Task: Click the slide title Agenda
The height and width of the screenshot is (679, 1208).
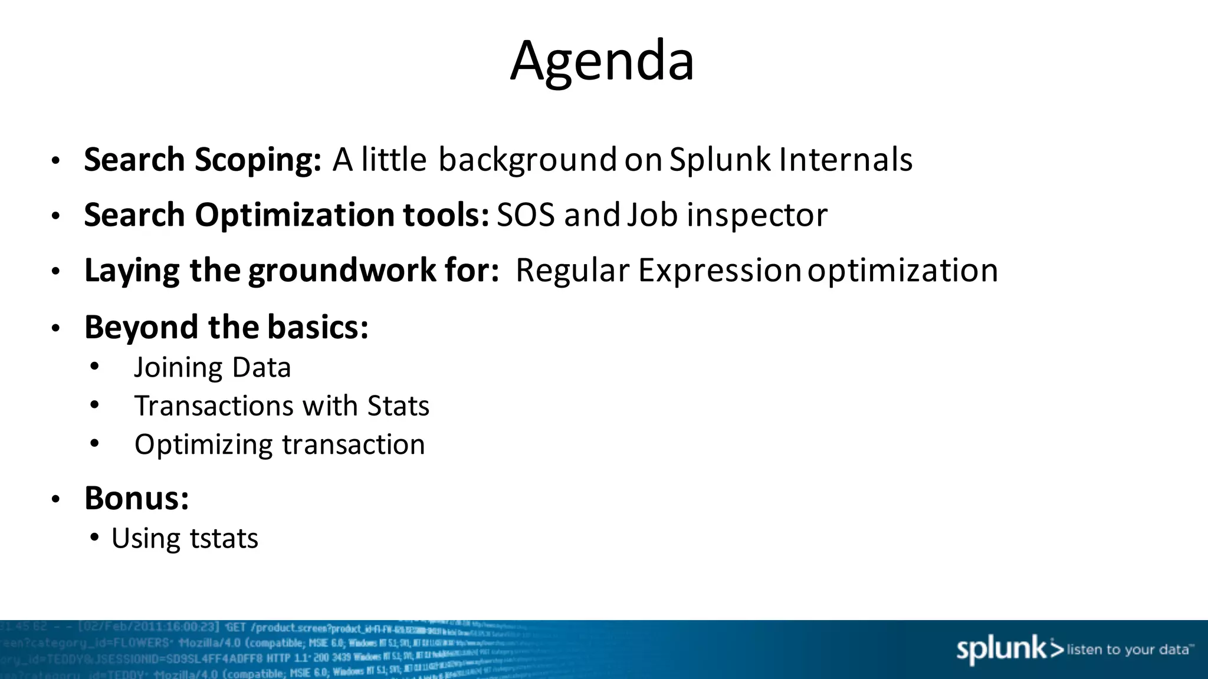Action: (x=602, y=61)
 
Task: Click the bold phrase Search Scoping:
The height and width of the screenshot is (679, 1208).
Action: (x=202, y=160)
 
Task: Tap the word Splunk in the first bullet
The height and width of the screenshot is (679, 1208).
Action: (x=720, y=160)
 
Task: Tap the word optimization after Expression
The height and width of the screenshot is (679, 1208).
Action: (x=902, y=271)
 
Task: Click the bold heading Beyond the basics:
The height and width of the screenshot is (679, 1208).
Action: (x=226, y=328)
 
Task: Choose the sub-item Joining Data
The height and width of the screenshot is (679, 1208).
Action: (x=212, y=368)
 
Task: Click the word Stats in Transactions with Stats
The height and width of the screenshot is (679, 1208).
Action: (x=398, y=406)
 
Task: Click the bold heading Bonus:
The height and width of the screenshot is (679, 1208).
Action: (x=136, y=499)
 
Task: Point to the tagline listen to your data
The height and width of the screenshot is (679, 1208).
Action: (x=1129, y=650)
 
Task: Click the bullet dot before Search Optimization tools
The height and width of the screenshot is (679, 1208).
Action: (x=55, y=216)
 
